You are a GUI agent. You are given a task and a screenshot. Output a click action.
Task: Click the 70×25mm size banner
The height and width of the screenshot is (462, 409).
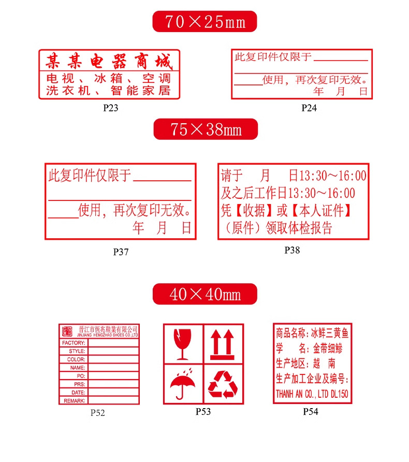point(204,22)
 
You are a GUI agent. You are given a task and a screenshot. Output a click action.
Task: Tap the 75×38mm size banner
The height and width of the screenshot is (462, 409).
point(206,129)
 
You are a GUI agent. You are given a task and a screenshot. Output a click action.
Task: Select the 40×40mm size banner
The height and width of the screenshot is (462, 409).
point(204,294)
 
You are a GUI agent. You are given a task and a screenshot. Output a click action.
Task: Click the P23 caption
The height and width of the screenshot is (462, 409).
point(111,108)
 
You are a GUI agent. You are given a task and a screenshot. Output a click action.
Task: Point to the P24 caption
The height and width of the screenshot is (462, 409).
point(309,108)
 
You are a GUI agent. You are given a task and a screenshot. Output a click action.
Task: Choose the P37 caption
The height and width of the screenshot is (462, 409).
point(121,252)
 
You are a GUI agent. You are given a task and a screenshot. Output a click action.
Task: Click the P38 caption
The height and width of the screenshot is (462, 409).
point(292,250)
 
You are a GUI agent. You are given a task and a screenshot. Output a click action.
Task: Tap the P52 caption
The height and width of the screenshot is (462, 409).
point(98,413)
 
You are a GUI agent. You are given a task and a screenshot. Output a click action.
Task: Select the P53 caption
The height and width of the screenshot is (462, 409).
point(203,412)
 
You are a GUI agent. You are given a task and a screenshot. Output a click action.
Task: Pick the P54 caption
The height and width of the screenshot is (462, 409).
point(311,412)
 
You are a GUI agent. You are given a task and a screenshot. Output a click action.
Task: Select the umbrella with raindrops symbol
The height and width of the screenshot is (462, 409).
point(182,383)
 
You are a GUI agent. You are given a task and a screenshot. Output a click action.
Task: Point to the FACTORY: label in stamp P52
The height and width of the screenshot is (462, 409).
point(74,343)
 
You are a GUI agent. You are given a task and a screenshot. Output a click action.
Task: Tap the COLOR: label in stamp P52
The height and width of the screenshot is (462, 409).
point(76,359)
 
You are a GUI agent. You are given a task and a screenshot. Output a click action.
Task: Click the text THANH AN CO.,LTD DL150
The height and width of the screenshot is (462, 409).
point(312,394)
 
